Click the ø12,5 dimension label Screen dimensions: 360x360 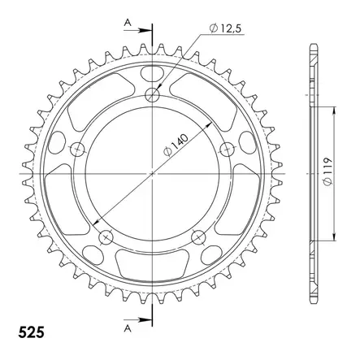tap(225, 28)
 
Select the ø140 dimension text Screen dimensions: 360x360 tap(176, 145)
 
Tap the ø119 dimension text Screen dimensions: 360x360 tap(327, 171)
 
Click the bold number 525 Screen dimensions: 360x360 tap(31, 332)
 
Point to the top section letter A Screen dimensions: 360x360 tap(128, 23)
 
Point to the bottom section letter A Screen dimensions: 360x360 tap(128, 328)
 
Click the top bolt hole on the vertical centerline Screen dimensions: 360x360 tap(152, 95)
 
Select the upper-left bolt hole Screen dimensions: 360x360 tap(78, 149)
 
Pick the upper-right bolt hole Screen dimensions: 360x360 tap(227, 149)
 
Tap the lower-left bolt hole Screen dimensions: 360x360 tap(106, 237)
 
